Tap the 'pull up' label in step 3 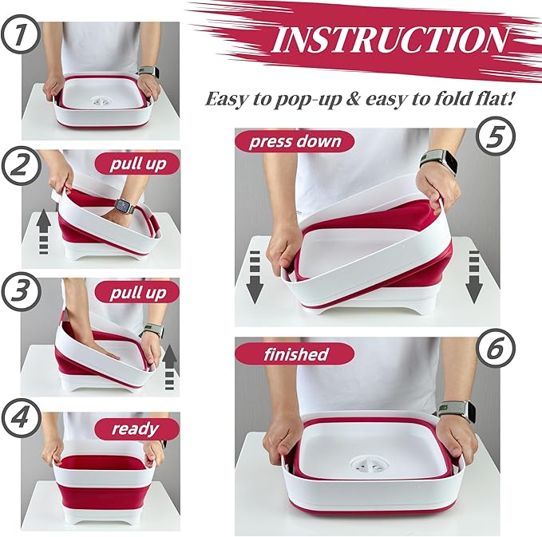click(138, 293)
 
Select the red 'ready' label click(136, 428)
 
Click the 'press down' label click(295, 142)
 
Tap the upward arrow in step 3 click(169, 365)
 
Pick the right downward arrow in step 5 click(473, 276)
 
